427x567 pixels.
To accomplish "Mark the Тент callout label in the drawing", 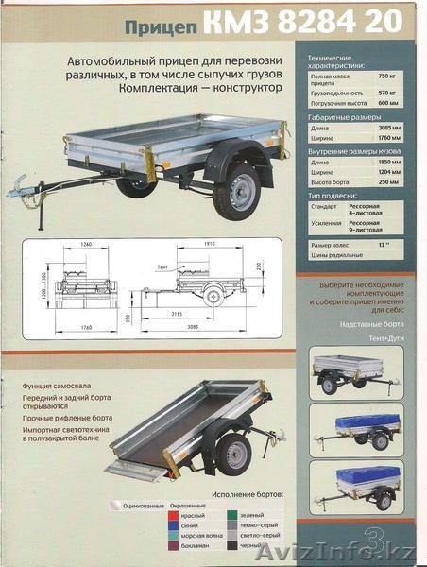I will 162,267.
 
